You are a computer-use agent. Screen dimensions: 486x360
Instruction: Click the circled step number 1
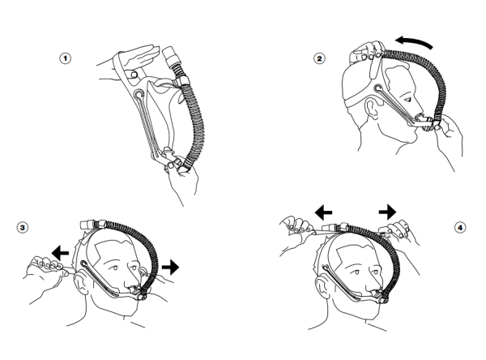[x=66, y=58]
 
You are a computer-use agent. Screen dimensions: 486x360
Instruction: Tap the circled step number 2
[x=320, y=58]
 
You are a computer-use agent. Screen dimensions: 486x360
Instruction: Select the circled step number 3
[x=23, y=228]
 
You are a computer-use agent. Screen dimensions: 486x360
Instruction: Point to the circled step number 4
[x=460, y=228]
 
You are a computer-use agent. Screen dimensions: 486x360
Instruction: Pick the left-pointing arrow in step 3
[x=60, y=252]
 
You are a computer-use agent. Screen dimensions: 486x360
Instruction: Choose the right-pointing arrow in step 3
[x=170, y=267]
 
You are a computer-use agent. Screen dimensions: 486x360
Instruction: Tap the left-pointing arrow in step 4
[x=323, y=212]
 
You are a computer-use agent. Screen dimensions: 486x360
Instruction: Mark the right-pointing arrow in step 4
[x=387, y=212]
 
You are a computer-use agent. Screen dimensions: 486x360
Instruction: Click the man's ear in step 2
[x=372, y=108]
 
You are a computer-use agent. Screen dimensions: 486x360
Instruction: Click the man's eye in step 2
[x=408, y=99]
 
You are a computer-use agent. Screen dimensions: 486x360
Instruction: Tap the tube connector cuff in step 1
[x=170, y=57]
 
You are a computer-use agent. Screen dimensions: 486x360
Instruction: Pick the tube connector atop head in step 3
[x=89, y=225]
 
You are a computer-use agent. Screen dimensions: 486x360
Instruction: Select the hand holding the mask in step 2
[x=448, y=136]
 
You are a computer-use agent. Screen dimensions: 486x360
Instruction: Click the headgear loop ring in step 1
[x=139, y=94]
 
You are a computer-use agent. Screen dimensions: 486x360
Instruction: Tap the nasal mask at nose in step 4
[x=382, y=297]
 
